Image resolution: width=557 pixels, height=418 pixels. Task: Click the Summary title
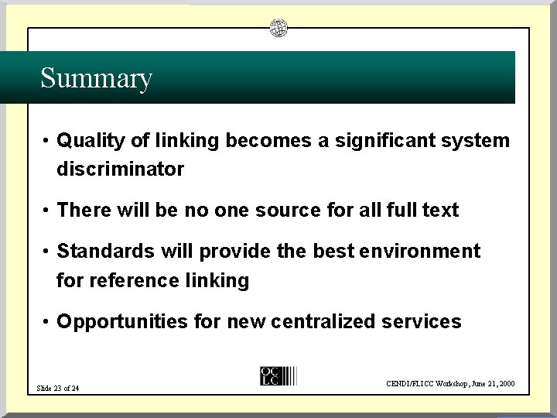pyautogui.click(x=96, y=78)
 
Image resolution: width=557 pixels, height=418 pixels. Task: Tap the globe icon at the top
pyautogui.click(x=278, y=29)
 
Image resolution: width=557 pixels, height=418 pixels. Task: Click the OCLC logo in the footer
pyautogui.click(x=272, y=375)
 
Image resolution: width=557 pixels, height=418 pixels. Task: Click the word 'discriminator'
pyautogui.click(x=120, y=169)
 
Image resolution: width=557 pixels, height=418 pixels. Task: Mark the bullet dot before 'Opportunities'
pyautogui.click(x=47, y=322)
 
